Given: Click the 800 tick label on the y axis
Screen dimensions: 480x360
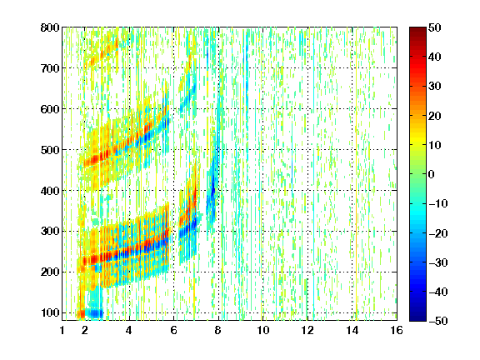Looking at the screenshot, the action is coord(50,27).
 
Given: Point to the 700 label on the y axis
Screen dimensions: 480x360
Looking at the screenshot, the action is coord(50,68).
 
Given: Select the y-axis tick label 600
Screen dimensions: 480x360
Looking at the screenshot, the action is coord(50,109).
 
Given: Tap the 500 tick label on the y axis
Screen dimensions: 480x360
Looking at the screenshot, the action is coord(50,150).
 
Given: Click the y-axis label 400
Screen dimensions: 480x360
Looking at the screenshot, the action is coord(50,191).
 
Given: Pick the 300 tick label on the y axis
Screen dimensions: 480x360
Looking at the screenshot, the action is coord(50,232).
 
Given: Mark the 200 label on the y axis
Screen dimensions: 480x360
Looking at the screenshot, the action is coord(50,272).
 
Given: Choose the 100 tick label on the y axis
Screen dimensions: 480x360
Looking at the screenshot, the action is coord(50,312).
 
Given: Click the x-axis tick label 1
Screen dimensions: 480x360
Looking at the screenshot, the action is coord(62,331).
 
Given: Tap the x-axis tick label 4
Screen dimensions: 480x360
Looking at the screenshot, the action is coord(129,331).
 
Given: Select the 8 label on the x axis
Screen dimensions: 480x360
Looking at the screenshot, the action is coord(218,331).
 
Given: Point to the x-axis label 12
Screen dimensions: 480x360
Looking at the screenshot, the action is coord(307,331).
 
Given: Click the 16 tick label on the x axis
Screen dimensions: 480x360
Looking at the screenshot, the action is coord(397,331).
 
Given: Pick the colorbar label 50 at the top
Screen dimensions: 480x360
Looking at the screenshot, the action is coord(435,27).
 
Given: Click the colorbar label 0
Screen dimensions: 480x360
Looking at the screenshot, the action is coord(432,174).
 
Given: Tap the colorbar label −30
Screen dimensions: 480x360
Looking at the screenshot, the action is coord(438,262).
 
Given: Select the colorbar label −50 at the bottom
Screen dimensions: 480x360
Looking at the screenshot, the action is coord(438,321).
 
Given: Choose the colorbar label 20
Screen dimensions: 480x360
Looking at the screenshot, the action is coord(435,116).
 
